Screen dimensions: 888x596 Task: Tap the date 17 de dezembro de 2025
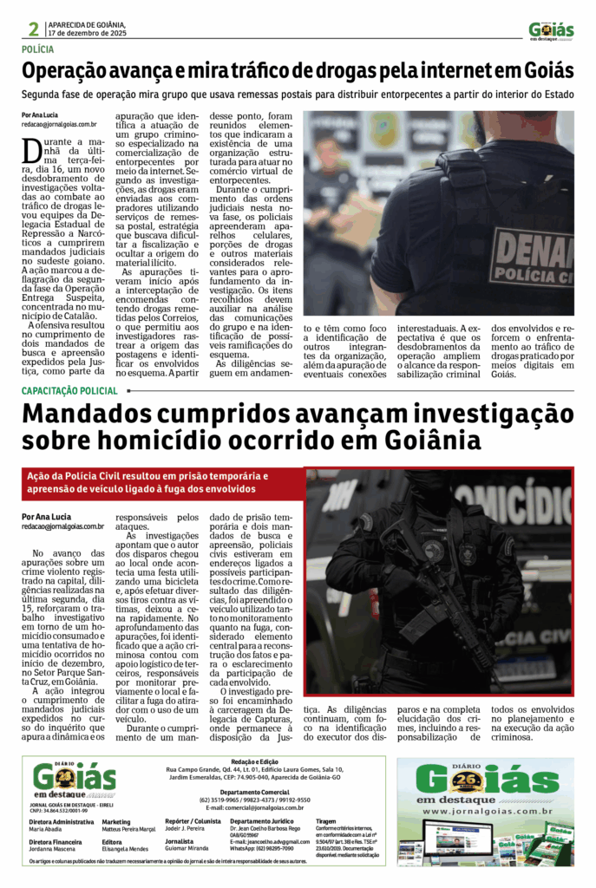click(88, 33)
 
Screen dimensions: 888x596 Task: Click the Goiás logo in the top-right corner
click(551, 30)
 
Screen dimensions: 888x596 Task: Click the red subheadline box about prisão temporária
click(162, 481)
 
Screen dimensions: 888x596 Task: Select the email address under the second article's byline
click(63, 526)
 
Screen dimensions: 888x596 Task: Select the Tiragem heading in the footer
click(327, 819)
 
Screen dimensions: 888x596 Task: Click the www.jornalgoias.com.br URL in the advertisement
click(484, 811)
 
